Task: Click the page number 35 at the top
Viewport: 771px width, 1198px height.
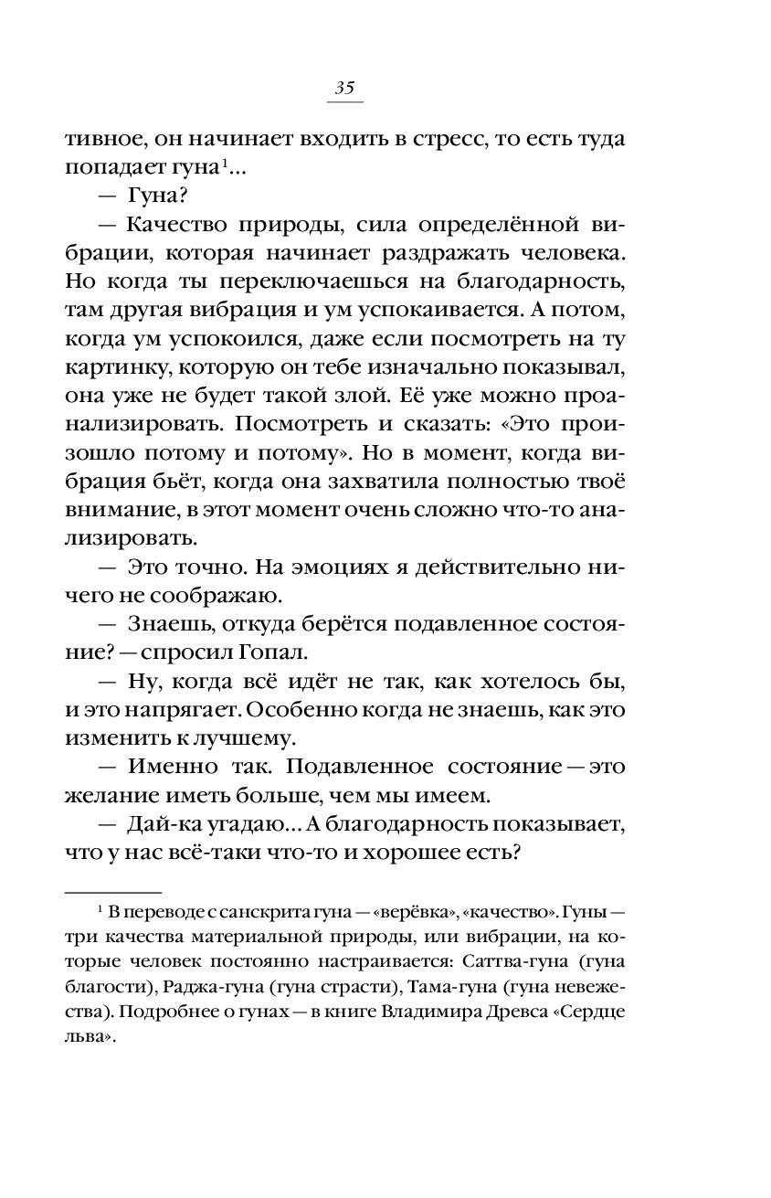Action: click(344, 89)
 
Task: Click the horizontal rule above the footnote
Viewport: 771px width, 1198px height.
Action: click(113, 890)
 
